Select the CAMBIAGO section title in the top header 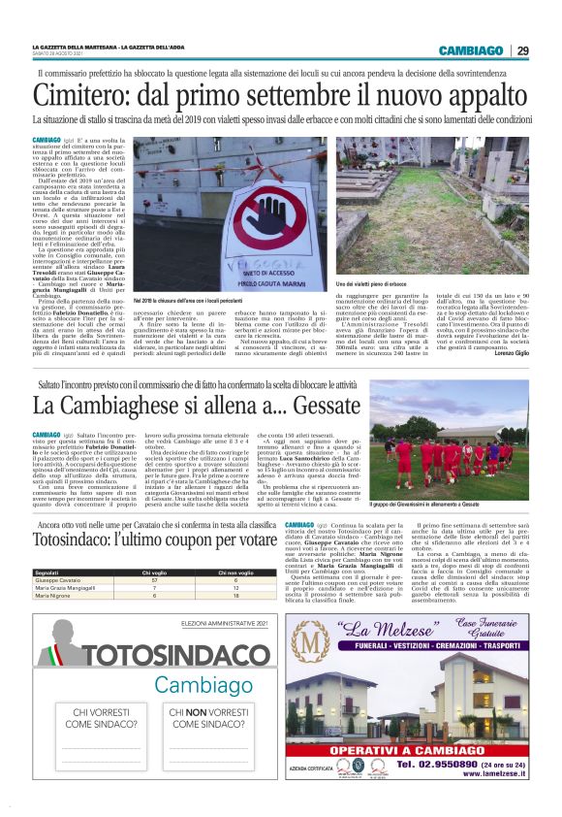[470, 50]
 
